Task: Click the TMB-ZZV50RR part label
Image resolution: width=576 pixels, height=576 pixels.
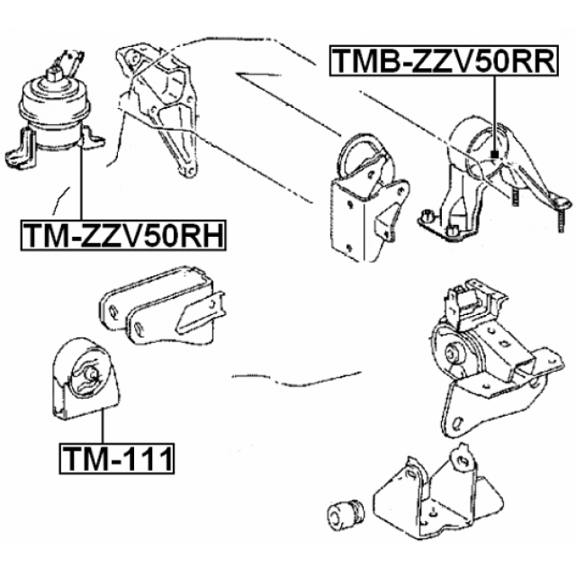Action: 444,60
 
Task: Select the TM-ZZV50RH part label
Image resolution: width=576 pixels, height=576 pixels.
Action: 123,236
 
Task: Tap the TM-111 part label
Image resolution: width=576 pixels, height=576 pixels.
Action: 116,458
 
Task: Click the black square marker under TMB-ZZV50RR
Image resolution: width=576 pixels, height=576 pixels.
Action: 495,155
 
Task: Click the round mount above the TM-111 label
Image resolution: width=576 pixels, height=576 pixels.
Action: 85,378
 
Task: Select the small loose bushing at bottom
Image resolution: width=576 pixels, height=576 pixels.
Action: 345,513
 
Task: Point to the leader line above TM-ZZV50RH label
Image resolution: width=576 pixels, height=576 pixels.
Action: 81,180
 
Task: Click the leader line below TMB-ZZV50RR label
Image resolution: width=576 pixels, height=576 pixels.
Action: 495,114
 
